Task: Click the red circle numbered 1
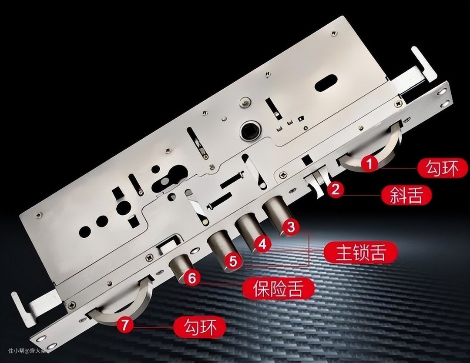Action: [x=369, y=164]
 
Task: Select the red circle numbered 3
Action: [x=291, y=227]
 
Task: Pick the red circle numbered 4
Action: [x=262, y=244]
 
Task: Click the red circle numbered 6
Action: [x=192, y=278]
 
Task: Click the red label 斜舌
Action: [x=406, y=195]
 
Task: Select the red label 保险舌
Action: [x=279, y=288]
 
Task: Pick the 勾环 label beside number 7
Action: [x=200, y=326]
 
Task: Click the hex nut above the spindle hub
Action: [x=245, y=103]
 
